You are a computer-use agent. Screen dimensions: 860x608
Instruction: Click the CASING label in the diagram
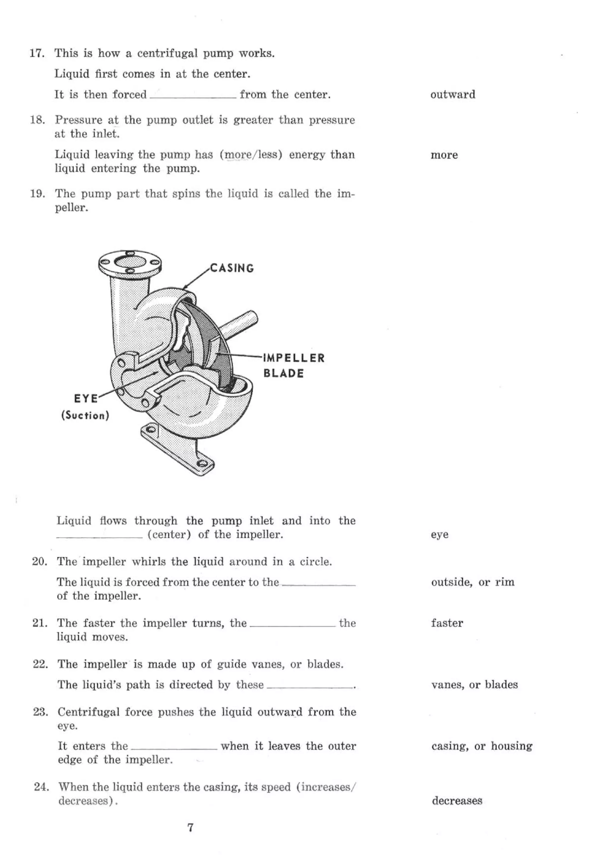point(232,268)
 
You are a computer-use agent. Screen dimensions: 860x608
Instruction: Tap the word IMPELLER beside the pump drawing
point(294,358)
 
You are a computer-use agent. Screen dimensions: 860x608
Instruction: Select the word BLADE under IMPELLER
point(283,373)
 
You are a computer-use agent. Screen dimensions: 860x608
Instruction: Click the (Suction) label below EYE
point(85,415)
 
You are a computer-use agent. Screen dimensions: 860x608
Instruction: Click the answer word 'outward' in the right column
point(452,94)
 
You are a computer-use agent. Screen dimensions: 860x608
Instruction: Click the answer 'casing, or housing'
point(482,746)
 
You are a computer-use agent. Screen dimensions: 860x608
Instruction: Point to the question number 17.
point(37,53)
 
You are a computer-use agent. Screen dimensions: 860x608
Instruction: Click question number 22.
point(40,664)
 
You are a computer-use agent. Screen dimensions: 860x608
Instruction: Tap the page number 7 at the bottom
point(190,827)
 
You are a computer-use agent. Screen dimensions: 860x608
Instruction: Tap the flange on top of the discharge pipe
point(130,263)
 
